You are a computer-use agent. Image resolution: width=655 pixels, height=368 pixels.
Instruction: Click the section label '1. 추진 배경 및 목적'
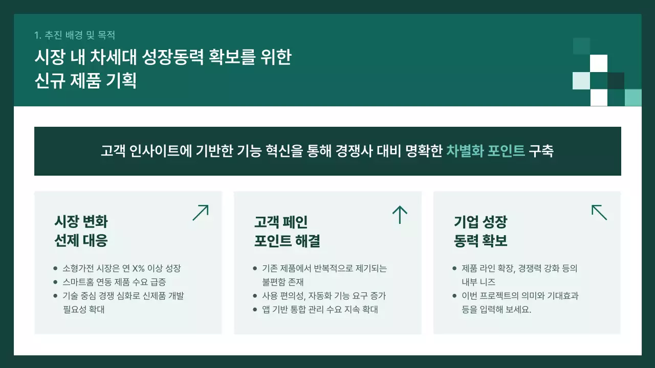[x=75, y=35]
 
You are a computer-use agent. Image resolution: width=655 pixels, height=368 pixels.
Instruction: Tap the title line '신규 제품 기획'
[x=85, y=81]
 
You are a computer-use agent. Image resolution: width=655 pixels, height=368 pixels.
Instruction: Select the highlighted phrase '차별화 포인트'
[x=486, y=151]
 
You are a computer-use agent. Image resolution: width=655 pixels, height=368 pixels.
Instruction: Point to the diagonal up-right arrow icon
[x=201, y=213]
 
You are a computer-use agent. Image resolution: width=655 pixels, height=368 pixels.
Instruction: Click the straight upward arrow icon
[x=399, y=215]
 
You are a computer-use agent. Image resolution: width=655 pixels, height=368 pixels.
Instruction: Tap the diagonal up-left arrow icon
[x=599, y=213]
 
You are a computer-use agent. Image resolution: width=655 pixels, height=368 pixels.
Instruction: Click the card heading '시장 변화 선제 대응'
[x=81, y=231]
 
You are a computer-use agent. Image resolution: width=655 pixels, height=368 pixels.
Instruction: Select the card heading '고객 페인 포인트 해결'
[x=287, y=231]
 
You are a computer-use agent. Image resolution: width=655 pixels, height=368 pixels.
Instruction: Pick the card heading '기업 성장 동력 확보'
[x=481, y=231]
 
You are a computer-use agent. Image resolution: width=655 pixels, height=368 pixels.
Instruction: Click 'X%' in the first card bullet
[x=138, y=268]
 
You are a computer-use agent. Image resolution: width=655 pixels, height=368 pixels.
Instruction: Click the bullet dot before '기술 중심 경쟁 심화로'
[x=55, y=296]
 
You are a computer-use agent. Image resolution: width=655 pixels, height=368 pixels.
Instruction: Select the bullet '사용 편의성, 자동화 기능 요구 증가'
[x=324, y=296]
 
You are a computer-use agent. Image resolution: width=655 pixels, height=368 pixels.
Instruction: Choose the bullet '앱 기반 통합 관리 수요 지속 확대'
[x=320, y=310]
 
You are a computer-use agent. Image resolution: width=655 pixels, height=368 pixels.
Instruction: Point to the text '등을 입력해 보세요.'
[x=496, y=310]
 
